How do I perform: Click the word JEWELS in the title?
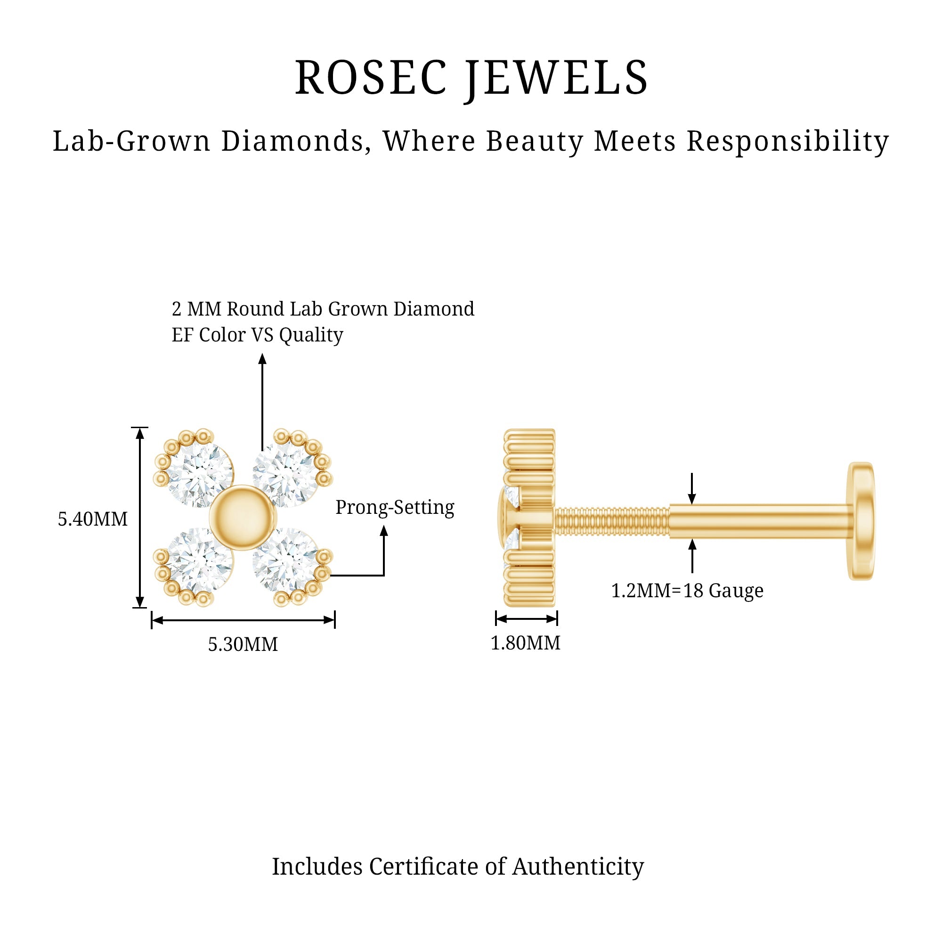(x=556, y=80)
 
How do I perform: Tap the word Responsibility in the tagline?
(x=788, y=142)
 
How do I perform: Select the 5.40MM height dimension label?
(x=93, y=519)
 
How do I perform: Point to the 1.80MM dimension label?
(x=525, y=642)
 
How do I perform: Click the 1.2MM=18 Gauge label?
(x=687, y=591)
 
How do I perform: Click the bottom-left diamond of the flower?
(x=200, y=560)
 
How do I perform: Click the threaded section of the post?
(x=612, y=521)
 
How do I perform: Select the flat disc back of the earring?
(x=861, y=521)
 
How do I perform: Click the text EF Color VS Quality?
(x=258, y=335)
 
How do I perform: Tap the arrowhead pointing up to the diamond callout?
(x=262, y=359)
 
